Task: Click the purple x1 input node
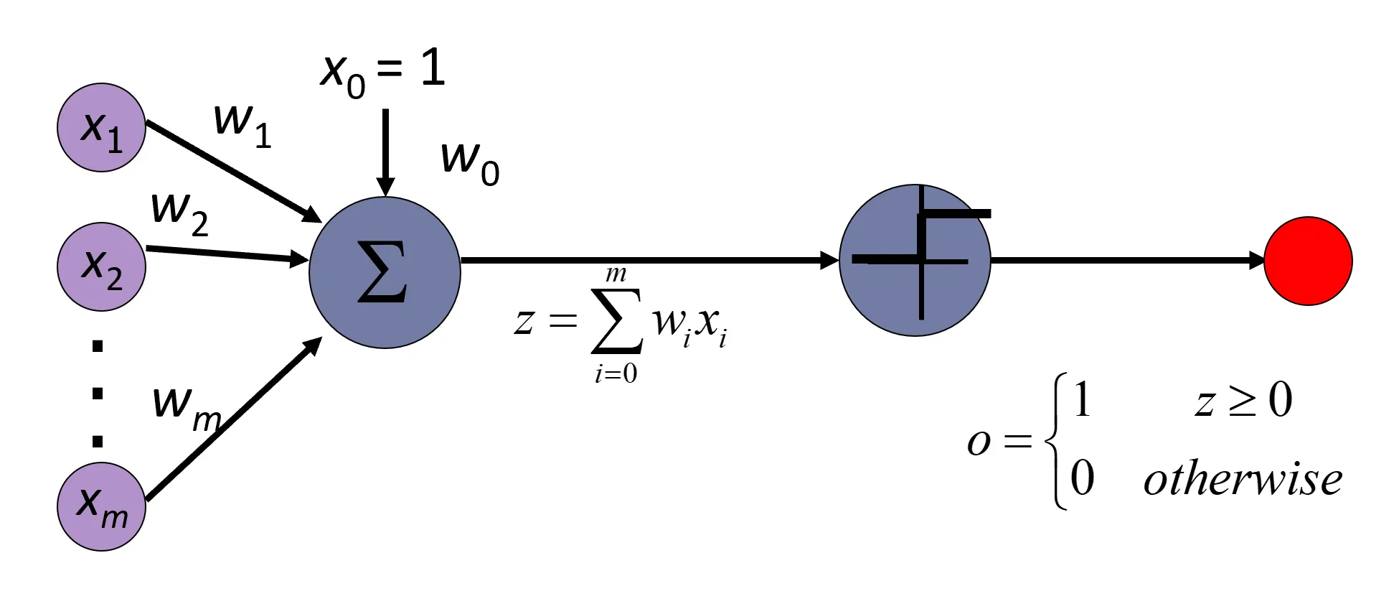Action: [101, 128]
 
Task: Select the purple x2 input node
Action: [101, 266]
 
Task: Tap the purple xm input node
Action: [101, 506]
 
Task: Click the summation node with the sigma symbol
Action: [385, 272]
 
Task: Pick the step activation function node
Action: [915, 260]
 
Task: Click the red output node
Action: [1308, 261]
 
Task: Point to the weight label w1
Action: [242, 124]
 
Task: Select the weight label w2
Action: [179, 213]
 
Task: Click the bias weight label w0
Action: [470, 162]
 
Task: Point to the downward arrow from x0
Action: [385, 151]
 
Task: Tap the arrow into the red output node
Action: [1126, 260]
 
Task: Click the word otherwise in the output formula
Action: [1243, 479]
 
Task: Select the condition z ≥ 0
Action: [1243, 401]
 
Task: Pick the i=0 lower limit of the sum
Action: [616, 374]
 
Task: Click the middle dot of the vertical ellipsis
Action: [98, 394]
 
